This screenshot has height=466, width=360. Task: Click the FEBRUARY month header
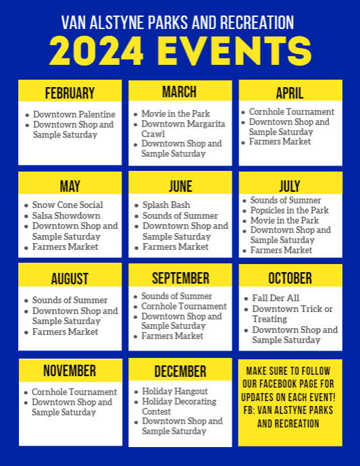70,93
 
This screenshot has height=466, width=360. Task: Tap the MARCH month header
179,92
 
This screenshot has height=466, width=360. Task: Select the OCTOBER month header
290,278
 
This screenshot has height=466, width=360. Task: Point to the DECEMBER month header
180,371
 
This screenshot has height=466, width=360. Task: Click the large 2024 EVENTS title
180,51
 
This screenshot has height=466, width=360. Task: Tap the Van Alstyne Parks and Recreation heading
178,22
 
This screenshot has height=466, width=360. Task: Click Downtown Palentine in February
74,115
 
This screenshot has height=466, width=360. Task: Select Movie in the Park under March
176,114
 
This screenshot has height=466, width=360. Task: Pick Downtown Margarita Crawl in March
183,129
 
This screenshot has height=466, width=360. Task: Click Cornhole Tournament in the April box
291,111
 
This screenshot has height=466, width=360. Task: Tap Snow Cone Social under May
68,205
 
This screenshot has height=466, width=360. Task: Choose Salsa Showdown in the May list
66,215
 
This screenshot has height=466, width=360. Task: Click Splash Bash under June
166,205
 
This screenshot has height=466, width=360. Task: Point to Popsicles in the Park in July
289,210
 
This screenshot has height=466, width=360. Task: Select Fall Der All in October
276,298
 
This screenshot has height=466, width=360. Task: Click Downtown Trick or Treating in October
292,313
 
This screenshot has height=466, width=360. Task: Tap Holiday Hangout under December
174,391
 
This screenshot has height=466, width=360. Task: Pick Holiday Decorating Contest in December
179,406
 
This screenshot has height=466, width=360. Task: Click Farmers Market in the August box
65,332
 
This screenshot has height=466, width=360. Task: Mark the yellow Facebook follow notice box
290,403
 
